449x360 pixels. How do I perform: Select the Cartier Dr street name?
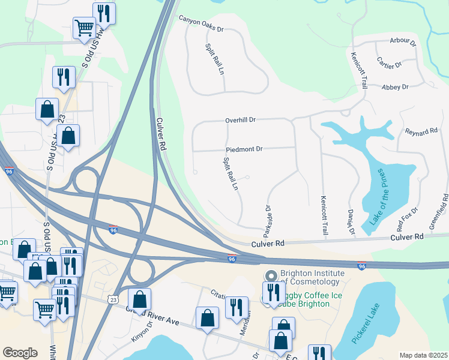(x=389, y=64)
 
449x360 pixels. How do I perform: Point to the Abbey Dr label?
(x=395, y=87)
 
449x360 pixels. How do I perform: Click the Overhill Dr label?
(x=240, y=120)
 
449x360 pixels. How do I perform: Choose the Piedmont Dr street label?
(x=244, y=149)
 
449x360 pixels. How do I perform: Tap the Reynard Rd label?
(x=421, y=131)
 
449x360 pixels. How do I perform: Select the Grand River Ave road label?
(x=153, y=315)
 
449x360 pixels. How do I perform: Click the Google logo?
(x=20, y=353)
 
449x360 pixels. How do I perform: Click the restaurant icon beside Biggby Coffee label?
(x=274, y=293)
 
